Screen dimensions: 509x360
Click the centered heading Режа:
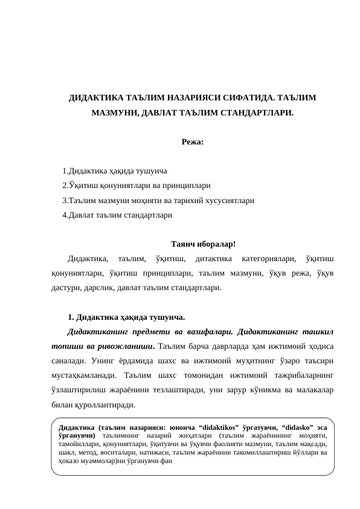tap(193, 143)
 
